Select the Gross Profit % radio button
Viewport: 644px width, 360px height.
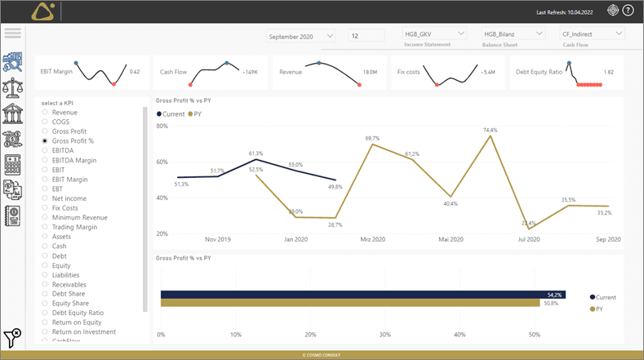[45, 141]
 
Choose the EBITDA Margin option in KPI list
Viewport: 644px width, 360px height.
[69, 160]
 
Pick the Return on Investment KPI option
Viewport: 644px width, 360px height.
[83, 332]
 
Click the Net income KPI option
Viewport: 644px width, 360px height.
[69, 198]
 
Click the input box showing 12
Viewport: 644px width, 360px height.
[366, 36]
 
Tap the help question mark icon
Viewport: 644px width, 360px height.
[628, 11]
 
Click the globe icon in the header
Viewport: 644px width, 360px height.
[613, 11]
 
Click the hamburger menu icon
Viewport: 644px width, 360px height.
[12, 33]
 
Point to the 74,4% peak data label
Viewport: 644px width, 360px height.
[490, 130]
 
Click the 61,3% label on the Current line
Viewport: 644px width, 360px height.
[255, 153]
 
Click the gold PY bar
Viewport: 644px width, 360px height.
[351, 304]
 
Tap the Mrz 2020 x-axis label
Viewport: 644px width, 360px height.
[373, 239]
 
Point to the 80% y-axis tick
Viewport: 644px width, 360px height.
[162, 127]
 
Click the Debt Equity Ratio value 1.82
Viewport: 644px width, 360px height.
[608, 73]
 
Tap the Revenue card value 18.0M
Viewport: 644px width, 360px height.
[370, 73]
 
